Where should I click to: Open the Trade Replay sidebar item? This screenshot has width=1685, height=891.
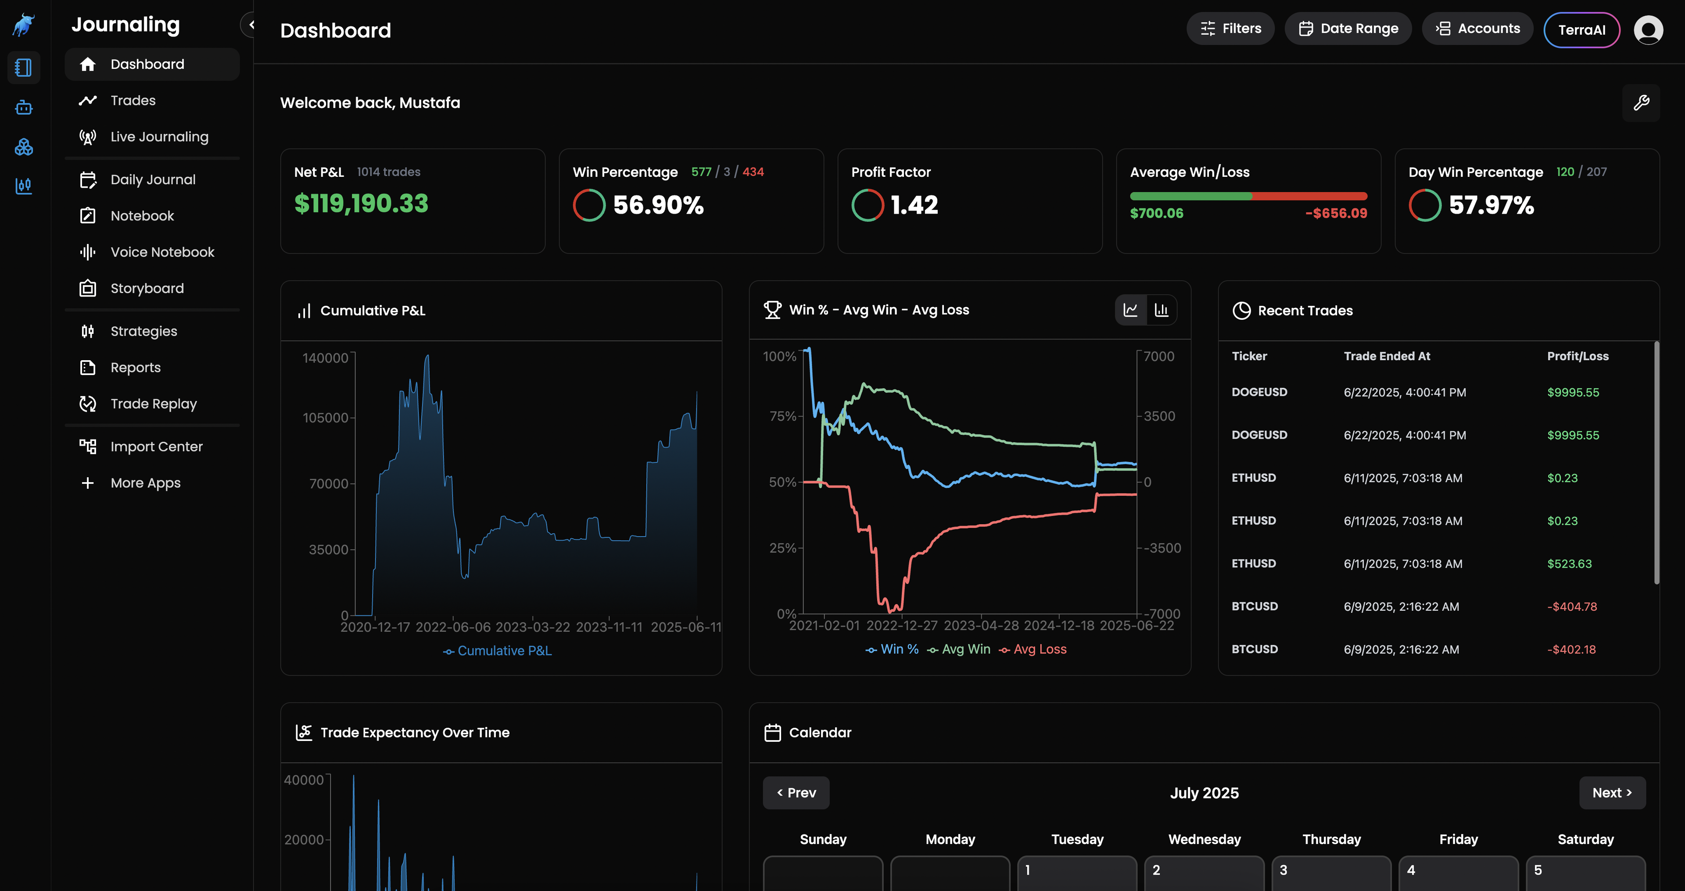(x=153, y=404)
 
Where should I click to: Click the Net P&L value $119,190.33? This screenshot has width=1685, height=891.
(x=361, y=204)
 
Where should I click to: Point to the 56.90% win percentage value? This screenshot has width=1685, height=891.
(x=658, y=205)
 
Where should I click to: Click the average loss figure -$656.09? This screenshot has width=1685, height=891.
(x=1336, y=213)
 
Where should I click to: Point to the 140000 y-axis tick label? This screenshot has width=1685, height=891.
(x=325, y=358)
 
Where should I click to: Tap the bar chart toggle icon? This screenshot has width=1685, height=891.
(x=1161, y=310)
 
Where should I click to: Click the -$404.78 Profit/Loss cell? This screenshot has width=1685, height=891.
(x=1572, y=606)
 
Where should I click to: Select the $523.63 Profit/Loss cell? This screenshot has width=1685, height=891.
(x=1569, y=564)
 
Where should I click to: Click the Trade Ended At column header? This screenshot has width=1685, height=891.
(x=1387, y=356)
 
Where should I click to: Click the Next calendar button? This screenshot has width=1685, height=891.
(x=1612, y=793)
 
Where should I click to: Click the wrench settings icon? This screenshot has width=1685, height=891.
(x=1641, y=103)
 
